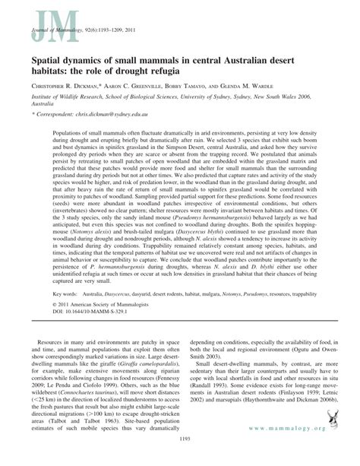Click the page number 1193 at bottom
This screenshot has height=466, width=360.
click(x=180, y=459)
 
